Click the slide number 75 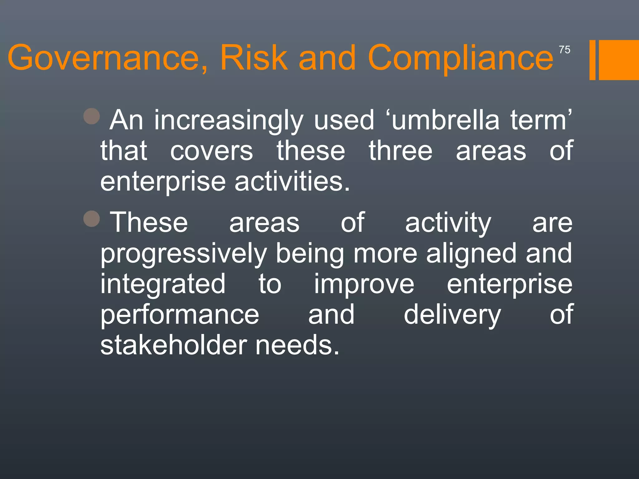pyautogui.click(x=564, y=50)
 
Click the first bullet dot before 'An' pyautogui.click(x=92, y=116)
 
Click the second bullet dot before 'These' pyautogui.click(x=92, y=218)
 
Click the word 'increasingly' pyautogui.click(x=229, y=120)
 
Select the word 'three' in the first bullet pyautogui.click(x=401, y=151)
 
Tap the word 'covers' pyautogui.click(x=212, y=151)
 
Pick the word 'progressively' pyautogui.click(x=183, y=254)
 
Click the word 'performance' pyautogui.click(x=180, y=315)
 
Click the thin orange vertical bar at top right pyautogui.click(x=592, y=60)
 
